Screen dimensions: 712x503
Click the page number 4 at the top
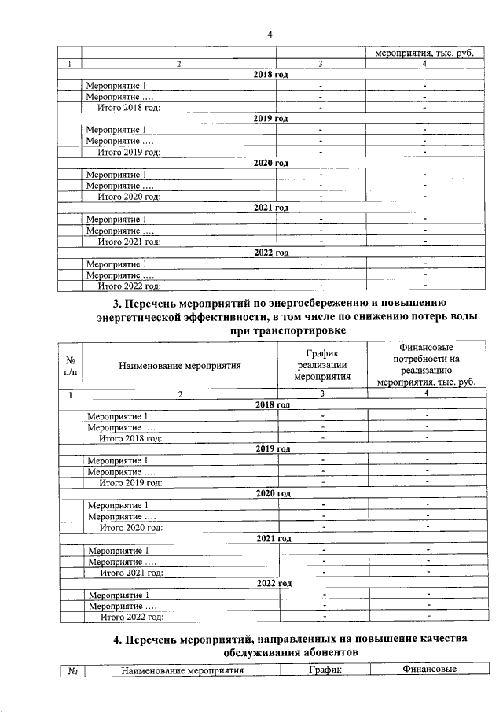click(x=270, y=35)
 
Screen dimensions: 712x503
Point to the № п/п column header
click(x=70, y=364)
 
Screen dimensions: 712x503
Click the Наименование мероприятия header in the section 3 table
click(x=180, y=364)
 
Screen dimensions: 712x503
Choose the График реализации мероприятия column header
click(x=321, y=364)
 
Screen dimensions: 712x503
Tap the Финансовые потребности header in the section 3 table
click(x=425, y=364)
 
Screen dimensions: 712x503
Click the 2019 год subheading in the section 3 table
click(x=273, y=448)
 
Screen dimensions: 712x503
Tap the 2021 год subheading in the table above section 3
click(x=271, y=208)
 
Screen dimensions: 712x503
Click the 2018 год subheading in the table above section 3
click(x=271, y=73)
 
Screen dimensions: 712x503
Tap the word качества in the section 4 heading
click(x=439, y=638)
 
